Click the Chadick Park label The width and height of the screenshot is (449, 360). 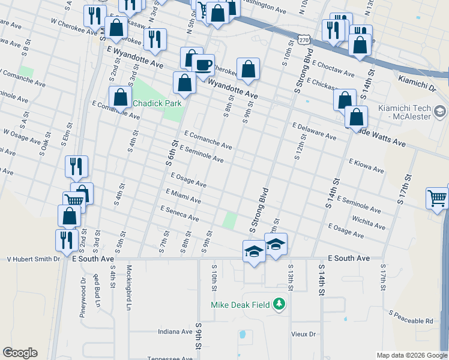pyautogui.click(x=157, y=103)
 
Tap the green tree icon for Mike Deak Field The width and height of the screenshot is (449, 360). pyautogui.click(x=279, y=304)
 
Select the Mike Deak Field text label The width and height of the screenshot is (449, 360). pyautogui.click(x=240, y=305)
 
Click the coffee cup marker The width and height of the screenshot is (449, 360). pyautogui.click(x=203, y=64)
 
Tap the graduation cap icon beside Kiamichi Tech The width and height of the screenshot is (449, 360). pyautogui.click(x=440, y=112)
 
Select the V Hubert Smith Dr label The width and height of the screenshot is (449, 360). pyautogui.click(x=34, y=259)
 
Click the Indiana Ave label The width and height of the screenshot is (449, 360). pyautogui.click(x=175, y=332)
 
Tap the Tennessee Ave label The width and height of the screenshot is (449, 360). pyautogui.click(x=171, y=358)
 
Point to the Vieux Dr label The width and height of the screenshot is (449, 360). pyautogui.click(x=304, y=334)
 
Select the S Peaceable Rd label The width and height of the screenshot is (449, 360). pyautogui.click(x=411, y=317)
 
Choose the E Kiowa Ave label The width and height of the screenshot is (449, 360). pyautogui.click(x=366, y=166)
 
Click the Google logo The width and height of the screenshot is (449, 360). pyautogui.click(x=20, y=353)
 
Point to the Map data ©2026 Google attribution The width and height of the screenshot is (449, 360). pyautogui.click(x=411, y=355)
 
